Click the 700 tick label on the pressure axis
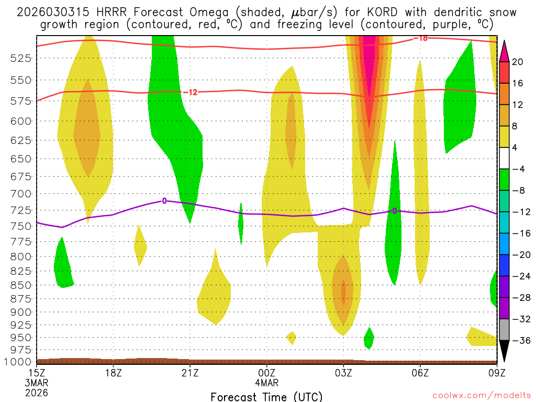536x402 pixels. tap(19, 194)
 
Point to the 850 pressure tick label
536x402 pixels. tap(19, 285)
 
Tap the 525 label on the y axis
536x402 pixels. tap(19, 59)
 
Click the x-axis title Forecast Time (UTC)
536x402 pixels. tap(266, 397)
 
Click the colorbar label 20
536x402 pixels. tap(517, 62)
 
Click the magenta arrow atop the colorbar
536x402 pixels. tap(504, 51)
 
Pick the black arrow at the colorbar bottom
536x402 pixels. tap(504, 351)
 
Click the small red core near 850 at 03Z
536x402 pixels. tap(343, 293)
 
